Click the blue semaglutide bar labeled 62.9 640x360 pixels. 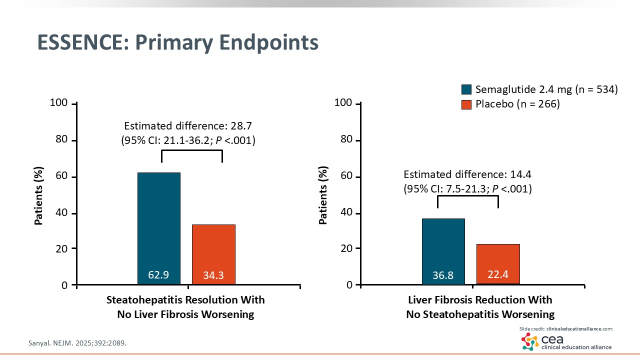pos(159,228)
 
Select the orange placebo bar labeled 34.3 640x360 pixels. pos(213,254)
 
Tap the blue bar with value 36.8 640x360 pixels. pos(443,251)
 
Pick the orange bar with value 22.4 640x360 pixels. pos(498,264)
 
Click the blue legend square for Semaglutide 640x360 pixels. pos(466,89)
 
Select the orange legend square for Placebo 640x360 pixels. pos(466,104)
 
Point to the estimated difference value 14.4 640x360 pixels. pos(521,174)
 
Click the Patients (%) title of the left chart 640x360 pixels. pos(38,196)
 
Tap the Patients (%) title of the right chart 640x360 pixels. pos(323,195)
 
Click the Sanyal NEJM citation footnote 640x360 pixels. pos(77,343)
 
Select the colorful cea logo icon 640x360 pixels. pos(530,341)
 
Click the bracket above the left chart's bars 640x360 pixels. pos(192,150)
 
